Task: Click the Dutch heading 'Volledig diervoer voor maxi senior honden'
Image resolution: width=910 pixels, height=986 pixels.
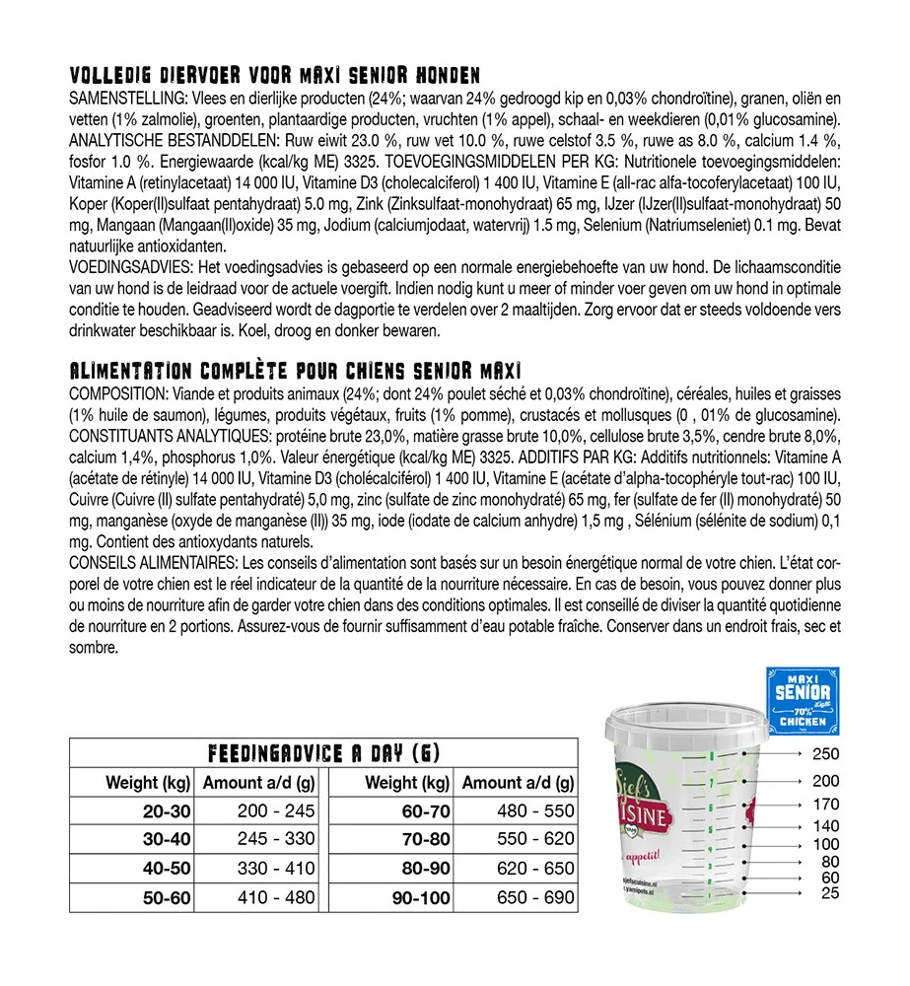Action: [275, 76]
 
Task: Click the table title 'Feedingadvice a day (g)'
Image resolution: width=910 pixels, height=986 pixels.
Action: [324, 754]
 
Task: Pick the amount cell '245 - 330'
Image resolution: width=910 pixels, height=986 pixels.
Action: [276, 839]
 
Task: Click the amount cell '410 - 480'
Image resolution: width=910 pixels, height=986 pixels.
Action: [276, 897]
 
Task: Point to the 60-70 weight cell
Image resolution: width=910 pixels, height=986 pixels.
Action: [421, 811]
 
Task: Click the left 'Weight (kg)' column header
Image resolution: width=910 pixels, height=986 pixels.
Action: [148, 784]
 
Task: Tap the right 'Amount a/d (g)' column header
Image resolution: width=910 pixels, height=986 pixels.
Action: [518, 784]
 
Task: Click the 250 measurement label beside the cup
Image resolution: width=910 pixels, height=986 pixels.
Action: [825, 755]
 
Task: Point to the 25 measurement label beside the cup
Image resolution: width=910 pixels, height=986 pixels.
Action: [829, 893]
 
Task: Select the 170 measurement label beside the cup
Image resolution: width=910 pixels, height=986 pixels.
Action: [825, 805]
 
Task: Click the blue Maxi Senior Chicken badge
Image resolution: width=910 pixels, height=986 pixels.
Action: [804, 701]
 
